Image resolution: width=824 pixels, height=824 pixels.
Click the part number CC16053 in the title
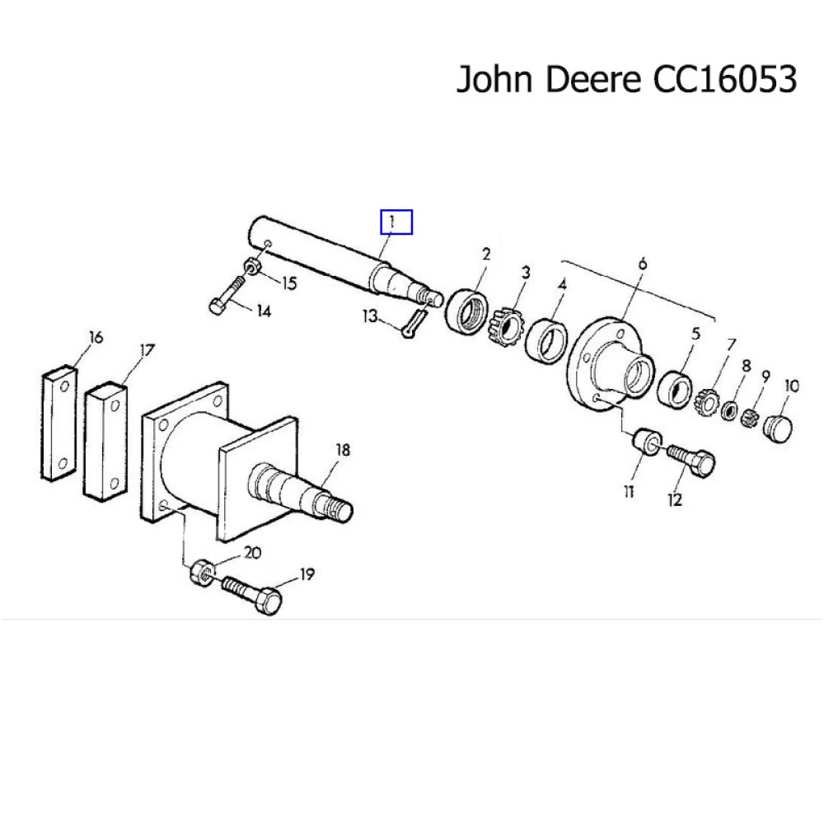[x=725, y=80]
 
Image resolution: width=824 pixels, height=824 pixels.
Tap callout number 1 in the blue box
[x=395, y=222]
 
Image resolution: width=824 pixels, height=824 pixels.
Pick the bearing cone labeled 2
[x=466, y=311]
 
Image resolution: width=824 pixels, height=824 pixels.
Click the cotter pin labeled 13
[x=414, y=320]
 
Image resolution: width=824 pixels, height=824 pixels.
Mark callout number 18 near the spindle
[x=343, y=450]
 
